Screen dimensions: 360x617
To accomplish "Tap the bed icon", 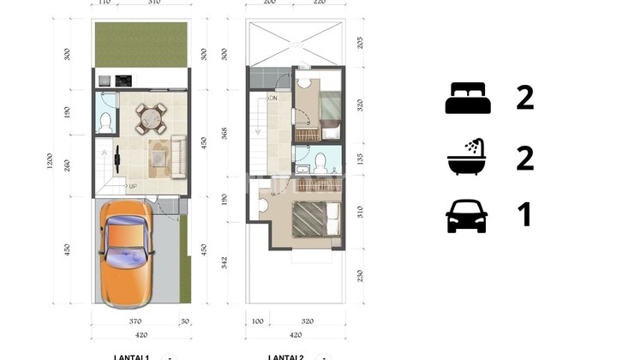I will click(468, 99).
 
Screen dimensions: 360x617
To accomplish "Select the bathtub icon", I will click(467, 158).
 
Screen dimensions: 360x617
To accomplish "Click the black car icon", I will click(467, 216).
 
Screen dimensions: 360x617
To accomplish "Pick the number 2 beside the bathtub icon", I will click(524, 158).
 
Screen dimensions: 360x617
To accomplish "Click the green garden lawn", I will click(141, 45).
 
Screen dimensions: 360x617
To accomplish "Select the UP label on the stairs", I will click(132, 185).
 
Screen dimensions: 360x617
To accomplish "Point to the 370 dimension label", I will click(135, 321).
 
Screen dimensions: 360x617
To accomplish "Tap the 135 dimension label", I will click(360, 159).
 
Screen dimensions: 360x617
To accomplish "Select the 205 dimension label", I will click(360, 42).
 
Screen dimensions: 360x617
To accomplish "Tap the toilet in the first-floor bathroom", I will click(105, 122).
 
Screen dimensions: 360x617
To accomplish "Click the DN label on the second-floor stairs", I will click(273, 98).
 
